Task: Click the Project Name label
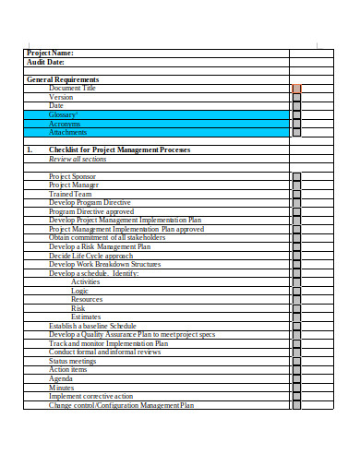click(50, 54)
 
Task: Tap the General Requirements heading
click(63, 80)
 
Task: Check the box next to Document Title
click(296, 89)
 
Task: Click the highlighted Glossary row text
click(62, 114)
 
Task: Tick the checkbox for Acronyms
click(296, 124)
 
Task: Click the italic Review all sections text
click(78, 159)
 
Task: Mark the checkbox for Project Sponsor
click(296, 176)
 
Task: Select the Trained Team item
click(70, 194)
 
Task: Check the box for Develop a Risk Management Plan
click(296, 247)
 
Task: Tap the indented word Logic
click(80, 291)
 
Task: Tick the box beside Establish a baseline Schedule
click(296, 326)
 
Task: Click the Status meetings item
click(72, 361)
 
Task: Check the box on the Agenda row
click(296, 378)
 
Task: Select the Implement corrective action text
click(90, 396)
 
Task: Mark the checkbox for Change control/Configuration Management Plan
click(296, 405)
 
